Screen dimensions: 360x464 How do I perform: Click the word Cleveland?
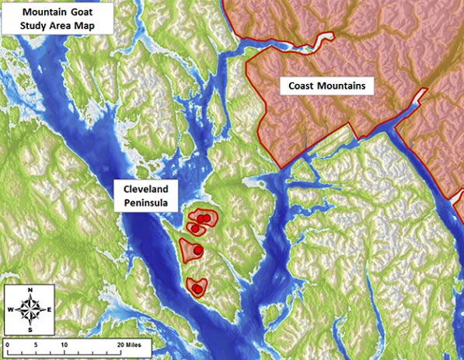(x=145, y=190)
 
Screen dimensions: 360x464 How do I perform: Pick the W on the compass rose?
(x=11, y=310)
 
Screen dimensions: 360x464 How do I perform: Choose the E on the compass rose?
(x=49, y=310)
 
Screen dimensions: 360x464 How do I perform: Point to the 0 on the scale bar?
(x=6, y=344)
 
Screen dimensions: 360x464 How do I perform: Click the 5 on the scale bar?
(x=35, y=344)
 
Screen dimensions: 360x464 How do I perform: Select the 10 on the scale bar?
(x=63, y=344)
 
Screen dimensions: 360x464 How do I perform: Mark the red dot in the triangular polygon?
(x=197, y=250)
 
